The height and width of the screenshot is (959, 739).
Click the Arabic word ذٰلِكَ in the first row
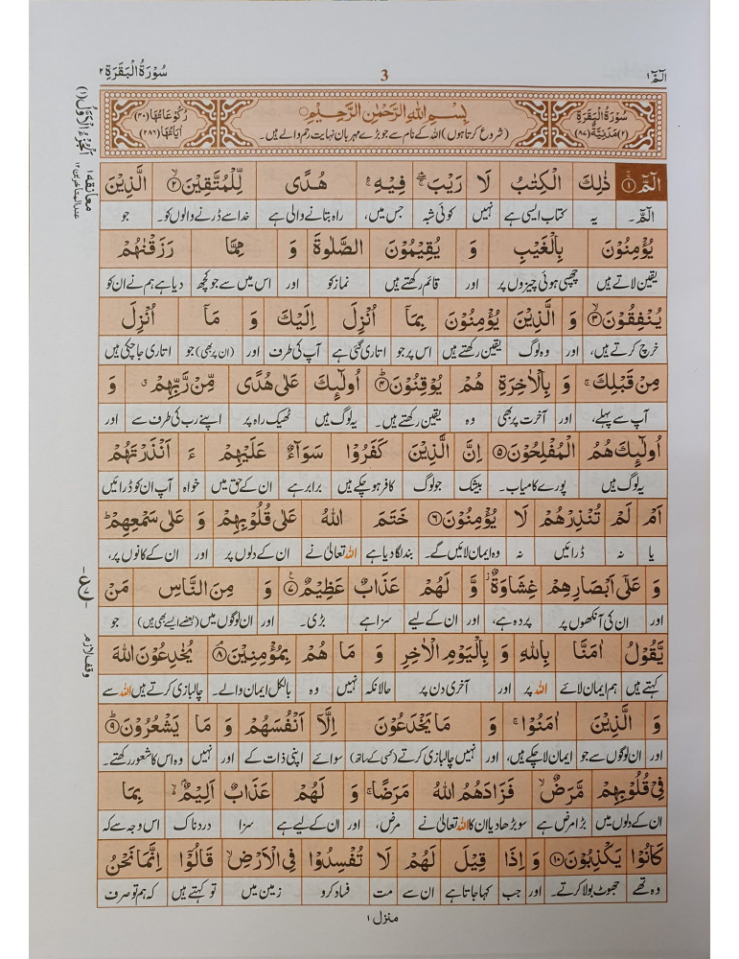[588, 179]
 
